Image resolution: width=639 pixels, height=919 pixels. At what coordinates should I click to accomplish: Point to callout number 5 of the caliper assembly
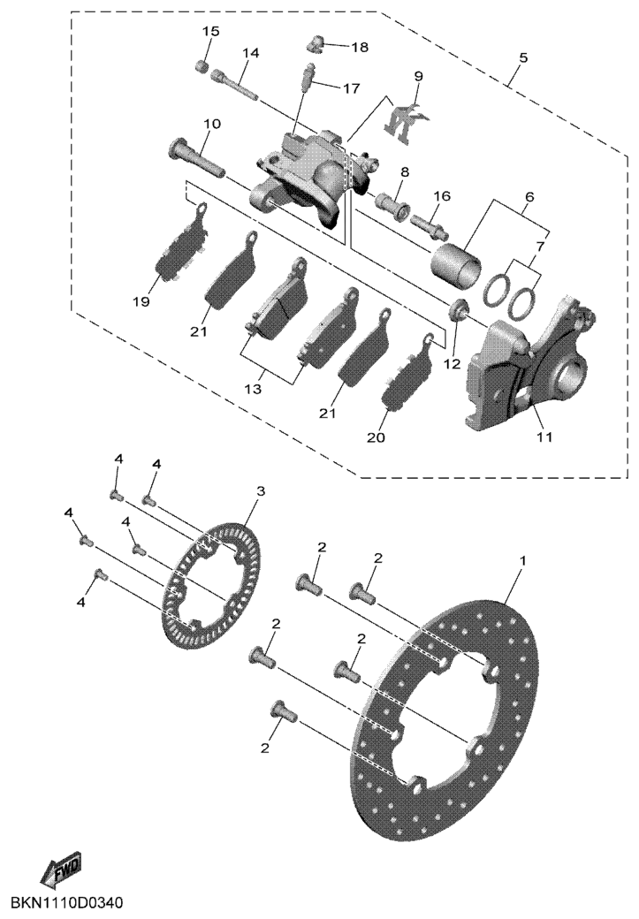523,57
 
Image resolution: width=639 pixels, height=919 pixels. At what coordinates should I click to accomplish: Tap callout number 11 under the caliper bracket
545,437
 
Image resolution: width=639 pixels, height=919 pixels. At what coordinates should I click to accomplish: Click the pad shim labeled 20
406,370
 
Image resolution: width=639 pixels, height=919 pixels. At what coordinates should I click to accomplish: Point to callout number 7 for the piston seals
540,247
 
